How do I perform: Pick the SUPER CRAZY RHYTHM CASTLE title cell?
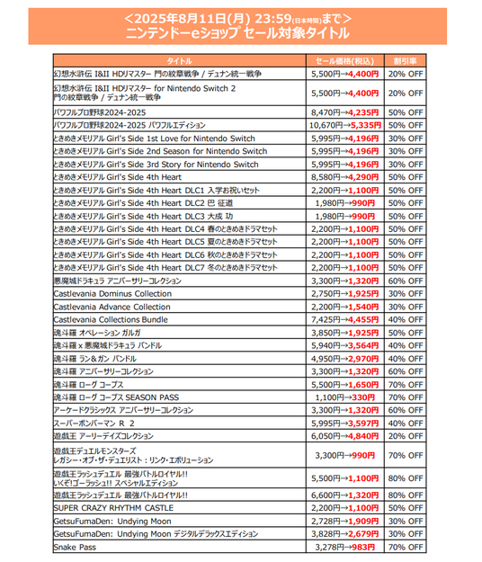pos(113,508)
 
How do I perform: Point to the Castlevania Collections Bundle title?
pos(111,318)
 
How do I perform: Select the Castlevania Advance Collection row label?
pos(112,306)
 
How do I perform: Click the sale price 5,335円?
pos(365,126)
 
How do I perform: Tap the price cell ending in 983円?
pos(346,546)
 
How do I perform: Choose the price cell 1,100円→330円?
pos(346,397)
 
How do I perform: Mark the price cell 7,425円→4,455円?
pos(346,318)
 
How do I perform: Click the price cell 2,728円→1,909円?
pos(346,521)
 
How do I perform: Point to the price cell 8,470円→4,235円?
pos(346,112)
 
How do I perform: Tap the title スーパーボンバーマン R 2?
pos(94,422)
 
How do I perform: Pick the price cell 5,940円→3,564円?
pos(346,344)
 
